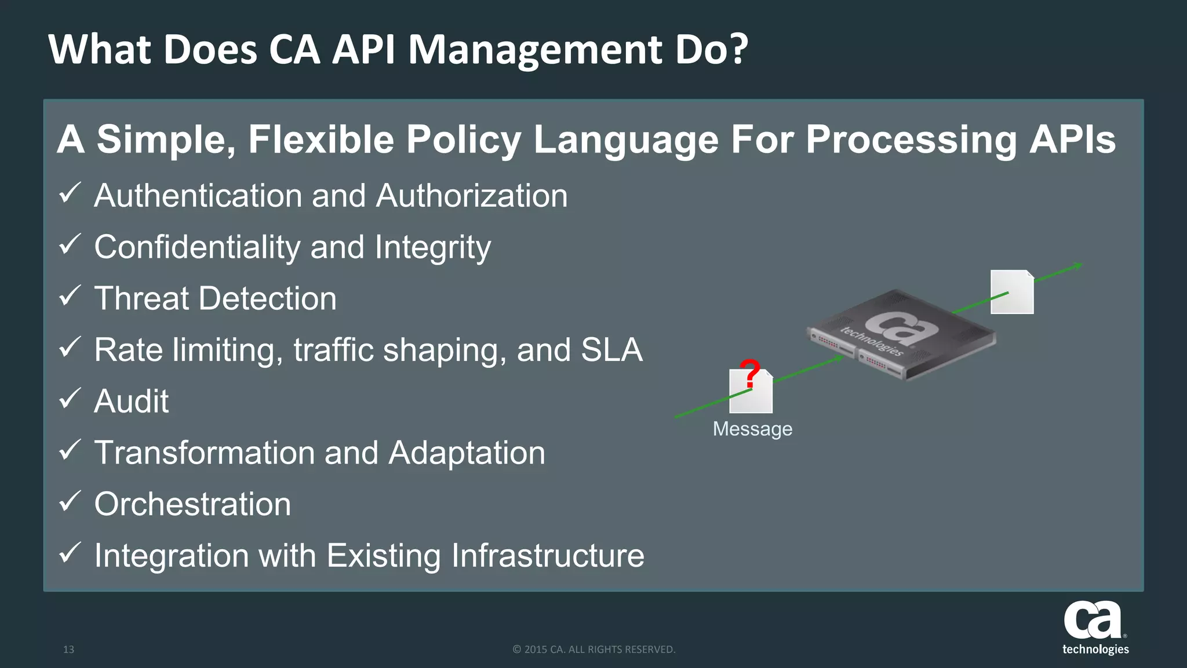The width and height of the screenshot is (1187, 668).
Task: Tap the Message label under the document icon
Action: tap(752, 429)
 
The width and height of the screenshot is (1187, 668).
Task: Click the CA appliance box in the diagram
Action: tap(901, 334)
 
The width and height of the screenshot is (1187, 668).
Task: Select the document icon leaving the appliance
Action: tap(1012, 292)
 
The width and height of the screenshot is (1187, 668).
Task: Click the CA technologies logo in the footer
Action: tap(1095, 628)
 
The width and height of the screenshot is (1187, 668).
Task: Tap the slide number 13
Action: tap(68, 649)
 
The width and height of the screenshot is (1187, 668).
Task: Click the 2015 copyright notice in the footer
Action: tap(594, 649)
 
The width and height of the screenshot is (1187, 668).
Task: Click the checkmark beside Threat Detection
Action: tap(70, 295)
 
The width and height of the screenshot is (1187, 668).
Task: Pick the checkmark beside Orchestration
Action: tap(70, 501)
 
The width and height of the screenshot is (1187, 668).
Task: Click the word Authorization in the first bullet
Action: tap(472, 196)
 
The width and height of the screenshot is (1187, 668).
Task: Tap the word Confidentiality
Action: tap(197, 247)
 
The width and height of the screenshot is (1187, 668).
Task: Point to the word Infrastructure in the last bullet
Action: tap(548, 556)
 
